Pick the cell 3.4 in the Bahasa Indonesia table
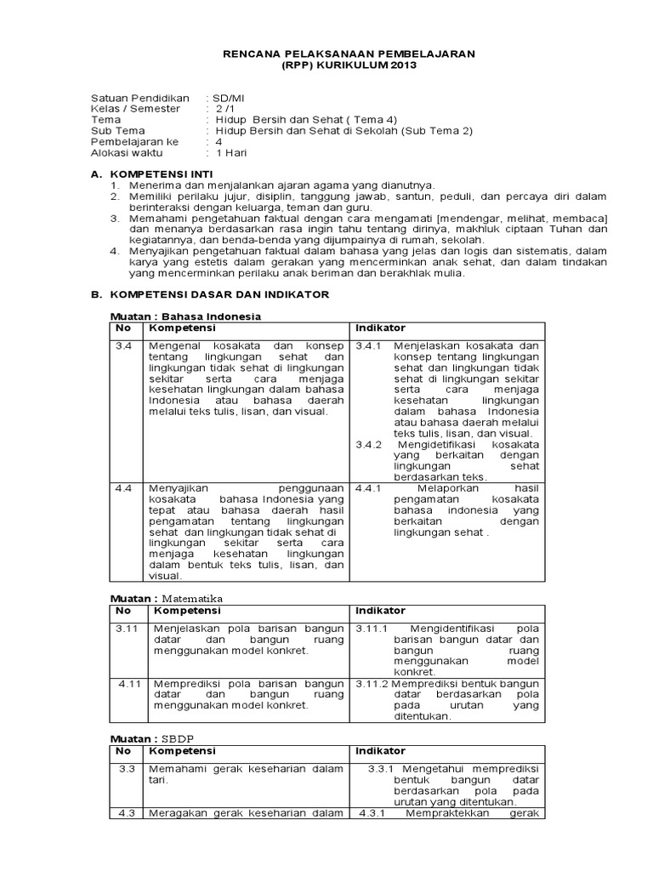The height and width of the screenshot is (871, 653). (x=123, y=346)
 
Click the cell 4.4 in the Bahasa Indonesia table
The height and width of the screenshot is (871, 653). (x=123, y=488)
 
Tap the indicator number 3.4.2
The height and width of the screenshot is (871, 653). (x=369, y=444)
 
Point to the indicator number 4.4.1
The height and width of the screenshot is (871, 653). (x=369, y=488)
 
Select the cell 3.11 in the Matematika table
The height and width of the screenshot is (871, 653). (x=126, y=629)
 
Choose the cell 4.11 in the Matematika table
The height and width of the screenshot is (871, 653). (x=129, y=683)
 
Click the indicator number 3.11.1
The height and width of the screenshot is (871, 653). (x=372, y=629)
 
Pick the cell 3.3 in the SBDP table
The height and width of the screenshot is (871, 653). (x=127, y=769)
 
